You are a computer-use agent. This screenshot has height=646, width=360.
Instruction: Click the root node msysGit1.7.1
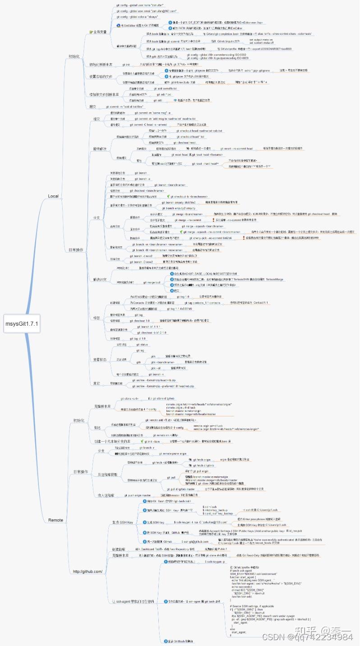pos(22,323)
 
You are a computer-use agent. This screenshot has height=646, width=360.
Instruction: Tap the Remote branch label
pos(55,520)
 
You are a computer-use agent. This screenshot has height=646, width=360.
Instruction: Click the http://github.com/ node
pos(88,572)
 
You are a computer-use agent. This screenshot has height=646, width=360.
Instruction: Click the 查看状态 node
pos(99,360)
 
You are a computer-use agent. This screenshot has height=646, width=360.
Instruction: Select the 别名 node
pos(97,427)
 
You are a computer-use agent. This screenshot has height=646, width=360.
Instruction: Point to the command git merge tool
pos(151,282)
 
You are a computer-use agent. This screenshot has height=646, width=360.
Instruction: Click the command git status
pos(142,344)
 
